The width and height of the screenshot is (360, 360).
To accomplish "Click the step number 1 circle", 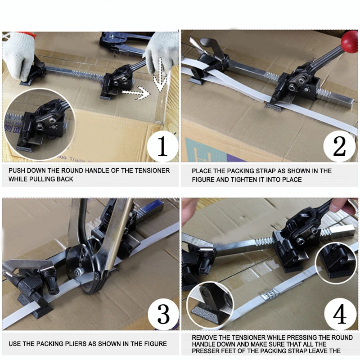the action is (162, 146).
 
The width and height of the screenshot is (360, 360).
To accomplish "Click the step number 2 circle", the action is (339, 146).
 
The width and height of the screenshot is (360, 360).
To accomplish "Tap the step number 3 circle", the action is (163, 314).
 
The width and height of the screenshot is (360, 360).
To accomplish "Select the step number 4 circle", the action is (340, 314).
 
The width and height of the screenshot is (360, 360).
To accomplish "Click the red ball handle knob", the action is (349, 42).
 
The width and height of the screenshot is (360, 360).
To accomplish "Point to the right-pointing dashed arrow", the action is (136, 93).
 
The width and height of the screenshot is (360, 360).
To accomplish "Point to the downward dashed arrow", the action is (160, 74).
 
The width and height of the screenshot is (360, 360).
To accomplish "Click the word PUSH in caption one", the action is (17, 171).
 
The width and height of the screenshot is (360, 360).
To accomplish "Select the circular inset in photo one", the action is (40, 124).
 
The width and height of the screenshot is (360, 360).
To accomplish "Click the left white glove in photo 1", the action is (17, 54).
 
